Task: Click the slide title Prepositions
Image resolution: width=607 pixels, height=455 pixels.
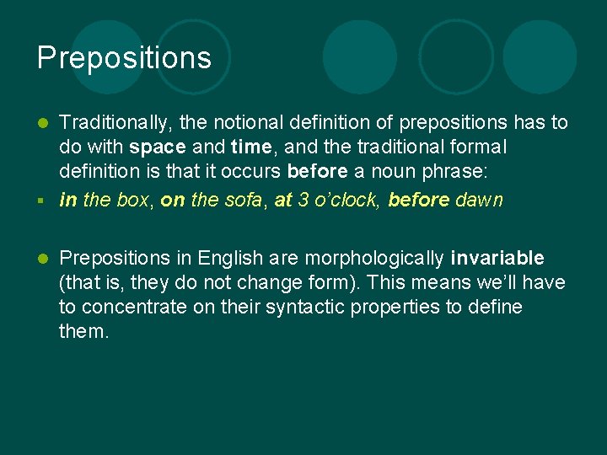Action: tap(124, 58)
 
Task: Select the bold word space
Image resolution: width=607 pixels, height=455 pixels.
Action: tap(158, 147)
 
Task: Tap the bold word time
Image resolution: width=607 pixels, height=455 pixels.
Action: tap(250, 147)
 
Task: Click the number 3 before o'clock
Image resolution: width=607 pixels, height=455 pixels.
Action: tap(303, 200)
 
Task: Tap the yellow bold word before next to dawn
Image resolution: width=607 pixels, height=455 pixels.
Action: tap(418, 200)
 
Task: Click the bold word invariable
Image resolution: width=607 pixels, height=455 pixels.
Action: tap(497, 258)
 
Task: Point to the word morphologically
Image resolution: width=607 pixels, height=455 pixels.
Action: tap(373, 258)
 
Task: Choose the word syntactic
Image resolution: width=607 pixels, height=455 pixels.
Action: tap(306, 307)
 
